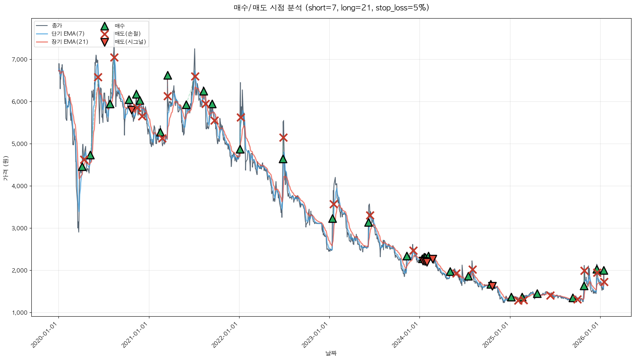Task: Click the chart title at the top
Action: pos(331,8)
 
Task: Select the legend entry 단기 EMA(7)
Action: pos(68,34)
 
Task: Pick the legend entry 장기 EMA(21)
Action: pos(70,42)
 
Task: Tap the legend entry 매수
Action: pos(120,26)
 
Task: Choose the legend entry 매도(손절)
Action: pos(127,34)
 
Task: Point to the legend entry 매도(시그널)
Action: pos(130,42)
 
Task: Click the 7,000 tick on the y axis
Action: pos(20,60)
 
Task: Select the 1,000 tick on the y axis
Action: pos(20,313)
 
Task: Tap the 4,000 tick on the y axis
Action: pos(20,186)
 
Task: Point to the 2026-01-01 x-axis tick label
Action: pos(587,335)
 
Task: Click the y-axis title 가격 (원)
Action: pos(5,168)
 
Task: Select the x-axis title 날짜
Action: pos(331,353)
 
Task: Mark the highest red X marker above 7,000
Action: pos(114,58)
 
